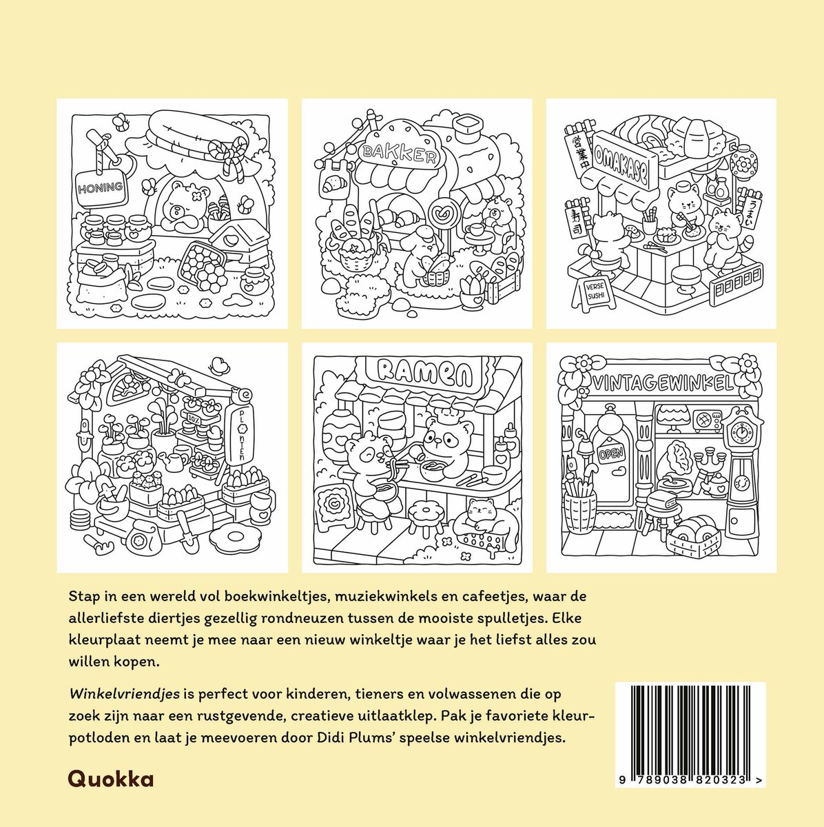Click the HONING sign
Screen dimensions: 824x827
(101, 188)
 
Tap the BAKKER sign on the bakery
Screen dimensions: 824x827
(399, 153)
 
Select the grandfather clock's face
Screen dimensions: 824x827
(741, 431)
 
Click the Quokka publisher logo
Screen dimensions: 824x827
(111, 779)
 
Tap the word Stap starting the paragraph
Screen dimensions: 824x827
(83, 597)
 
